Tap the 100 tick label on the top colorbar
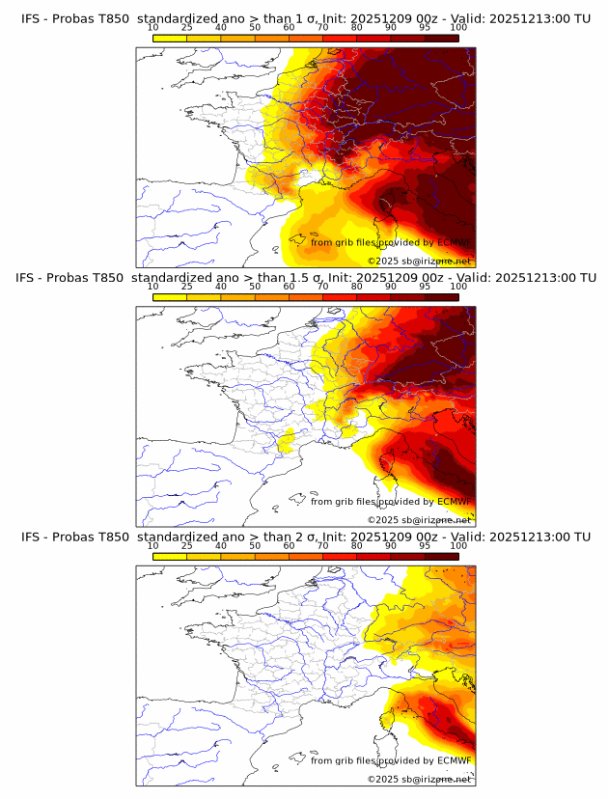(458, 29)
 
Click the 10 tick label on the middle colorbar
(152, 287)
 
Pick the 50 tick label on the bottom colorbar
(255, 546)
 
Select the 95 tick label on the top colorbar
(425, 29)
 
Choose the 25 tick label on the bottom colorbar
(186, 546)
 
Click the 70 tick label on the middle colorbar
(322, 287)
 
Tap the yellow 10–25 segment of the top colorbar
(169, 38)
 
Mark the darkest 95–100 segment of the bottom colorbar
(441, 556)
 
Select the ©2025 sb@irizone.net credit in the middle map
(419, 519)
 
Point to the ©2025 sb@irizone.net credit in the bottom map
(419, 779)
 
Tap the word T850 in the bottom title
(111, 537)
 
